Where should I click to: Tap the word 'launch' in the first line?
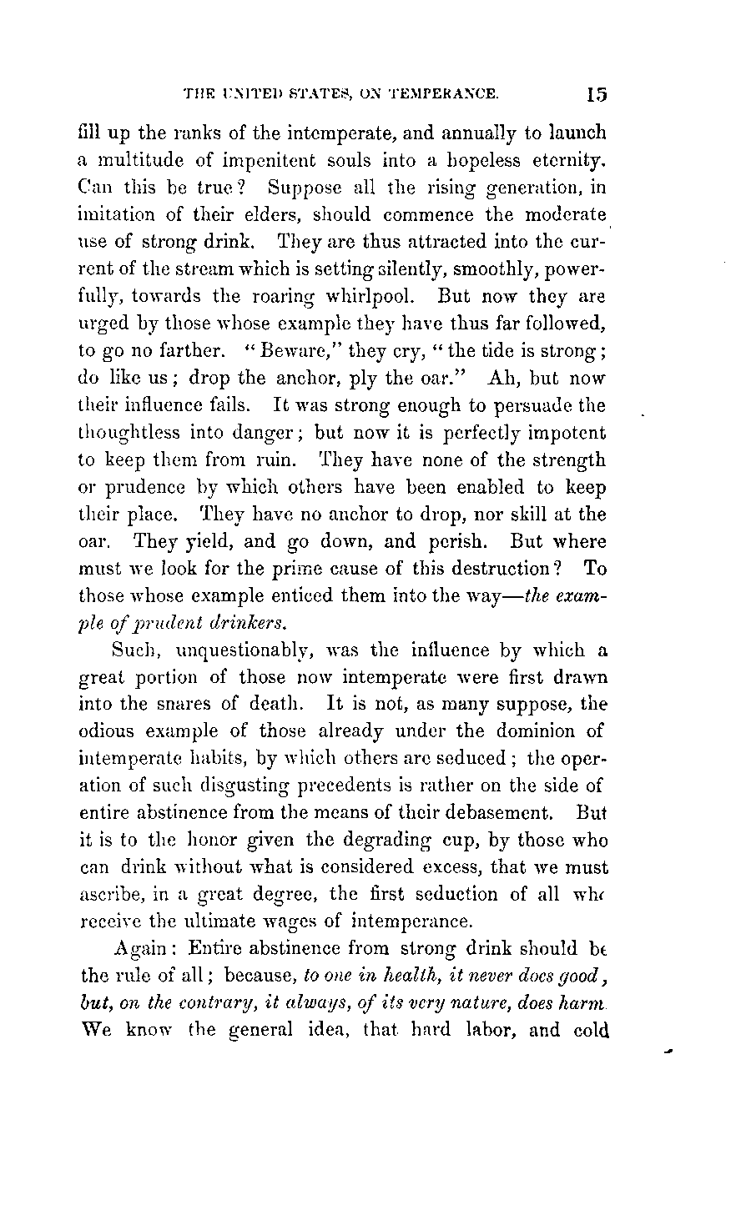pos(575,133)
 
